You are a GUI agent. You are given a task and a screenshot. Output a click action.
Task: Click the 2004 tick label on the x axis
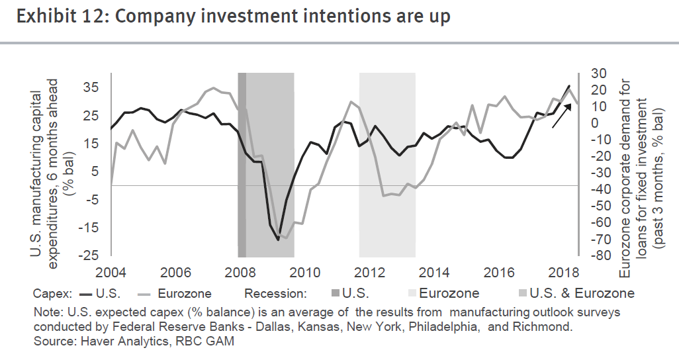tap(111, 271)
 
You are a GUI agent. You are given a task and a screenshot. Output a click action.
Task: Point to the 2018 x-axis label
tap(563, 271)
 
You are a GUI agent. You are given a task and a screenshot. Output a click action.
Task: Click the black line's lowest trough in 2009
tap(278, 240)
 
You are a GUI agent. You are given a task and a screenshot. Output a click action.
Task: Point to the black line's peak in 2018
tap(568, 86)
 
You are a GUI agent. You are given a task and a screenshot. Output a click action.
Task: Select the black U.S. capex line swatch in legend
tap(87, 293)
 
